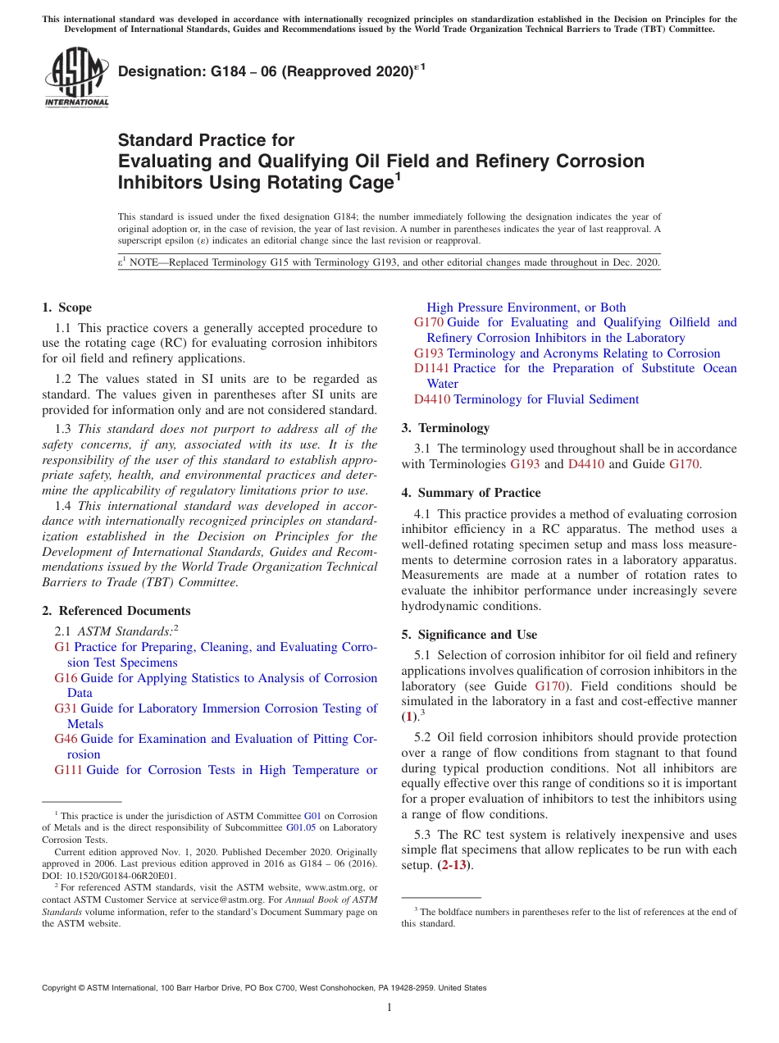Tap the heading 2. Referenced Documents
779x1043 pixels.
click(116, 611)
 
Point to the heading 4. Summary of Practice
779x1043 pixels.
click(471, 493)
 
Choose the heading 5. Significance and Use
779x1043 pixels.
click(469, 635)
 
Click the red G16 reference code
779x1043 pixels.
click(66, 678)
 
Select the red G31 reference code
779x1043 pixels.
click(66, 708)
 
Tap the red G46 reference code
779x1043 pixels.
click(66, 739)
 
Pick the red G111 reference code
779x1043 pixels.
click(68, 770)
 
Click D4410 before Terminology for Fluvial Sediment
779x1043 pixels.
click(431, 399)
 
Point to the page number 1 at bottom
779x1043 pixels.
click(389, 1007)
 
